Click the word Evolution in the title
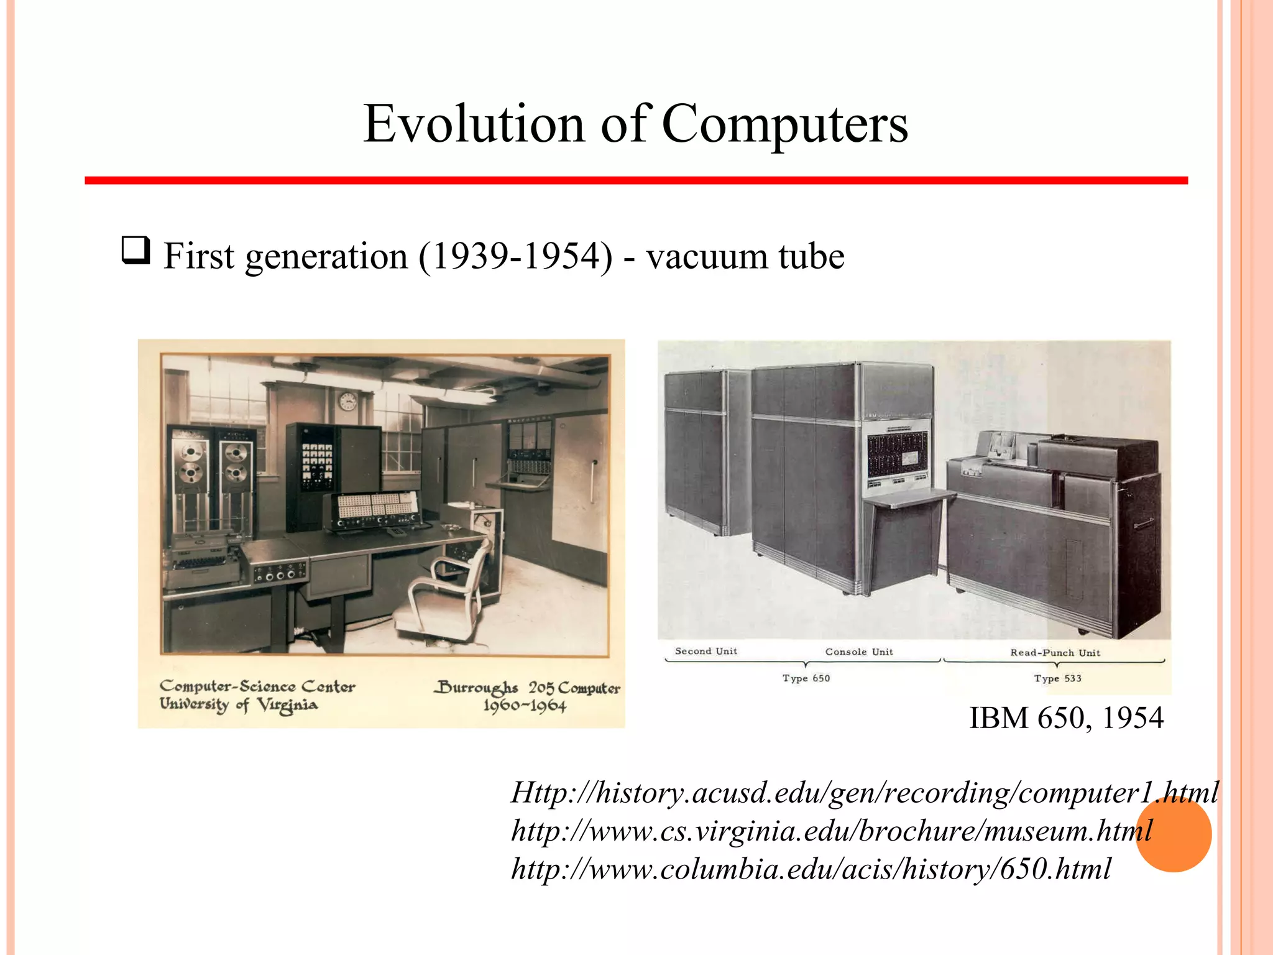(x=474, y=124)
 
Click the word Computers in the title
(x=784, y=124)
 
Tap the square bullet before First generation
(x=136, y=251)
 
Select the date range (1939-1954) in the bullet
(x=515, y=256)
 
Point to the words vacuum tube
(x=745, y=256)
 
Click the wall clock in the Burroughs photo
(x=348, y=401)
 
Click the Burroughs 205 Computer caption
(x=528, y=688)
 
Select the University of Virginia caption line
(x=239, y=705)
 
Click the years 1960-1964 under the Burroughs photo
(x=525, y=706)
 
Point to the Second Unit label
(x=706, y=651)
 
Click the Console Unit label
(x=859, y=652)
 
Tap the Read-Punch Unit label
(x=1055, y=652)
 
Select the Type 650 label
(x=806, y=678)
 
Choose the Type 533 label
(x=1057, y=678)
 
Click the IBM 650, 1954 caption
(x=1066, y=717)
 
